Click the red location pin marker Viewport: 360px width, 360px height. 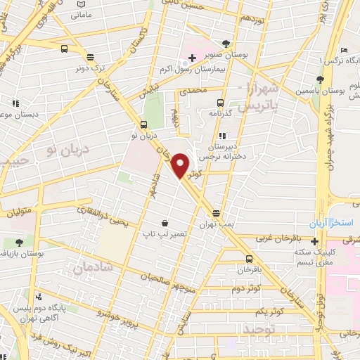pyautogui.click(x=181, y=165)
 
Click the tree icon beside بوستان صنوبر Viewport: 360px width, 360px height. pyautogui.click(x=225, y=43)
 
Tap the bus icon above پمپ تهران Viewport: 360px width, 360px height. pyautogui.click(x=216, y=212)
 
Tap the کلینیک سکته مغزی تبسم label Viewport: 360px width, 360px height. pyautogui.click(x=330, y=257)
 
